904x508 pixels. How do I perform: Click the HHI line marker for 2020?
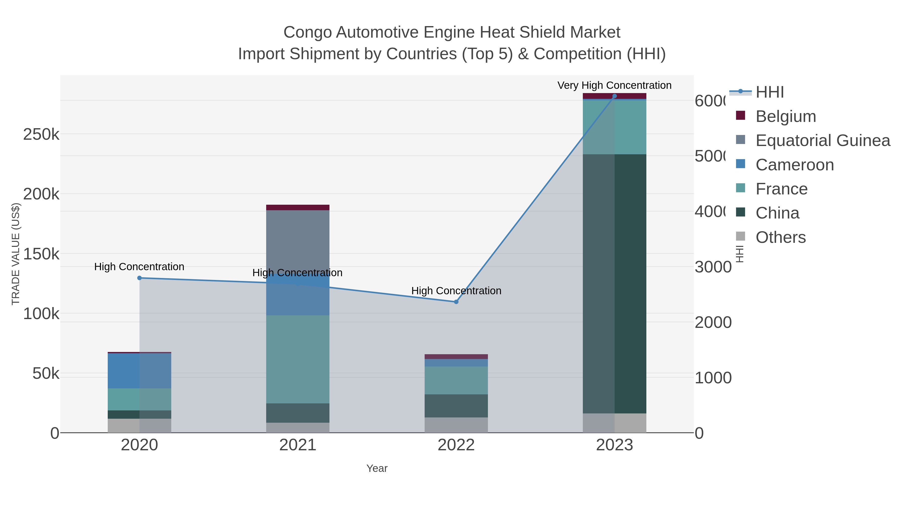pos(139,278)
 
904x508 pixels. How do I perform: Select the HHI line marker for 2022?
pos(456,302)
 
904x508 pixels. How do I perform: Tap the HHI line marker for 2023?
pos(614,96)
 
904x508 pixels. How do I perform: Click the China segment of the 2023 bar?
pos(614,284)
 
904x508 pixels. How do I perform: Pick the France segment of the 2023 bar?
pos(614,127)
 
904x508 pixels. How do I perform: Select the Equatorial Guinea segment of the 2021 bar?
pos(298,242)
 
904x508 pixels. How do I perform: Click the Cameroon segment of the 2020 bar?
pos(139,371)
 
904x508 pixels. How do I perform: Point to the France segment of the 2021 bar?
pos(298,359)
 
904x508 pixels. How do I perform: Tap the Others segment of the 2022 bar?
pos(456,425)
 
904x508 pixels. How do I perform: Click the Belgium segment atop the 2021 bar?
pos(298,207)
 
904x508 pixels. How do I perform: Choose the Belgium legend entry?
pos(785,116)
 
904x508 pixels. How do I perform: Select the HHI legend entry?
pos(769,92)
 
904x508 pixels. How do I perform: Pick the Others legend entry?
pos(780,237)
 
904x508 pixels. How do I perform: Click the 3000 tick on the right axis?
pos(712,267)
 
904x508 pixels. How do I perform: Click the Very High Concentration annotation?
pos(614,85)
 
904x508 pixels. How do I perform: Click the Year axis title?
pos(377,468)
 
